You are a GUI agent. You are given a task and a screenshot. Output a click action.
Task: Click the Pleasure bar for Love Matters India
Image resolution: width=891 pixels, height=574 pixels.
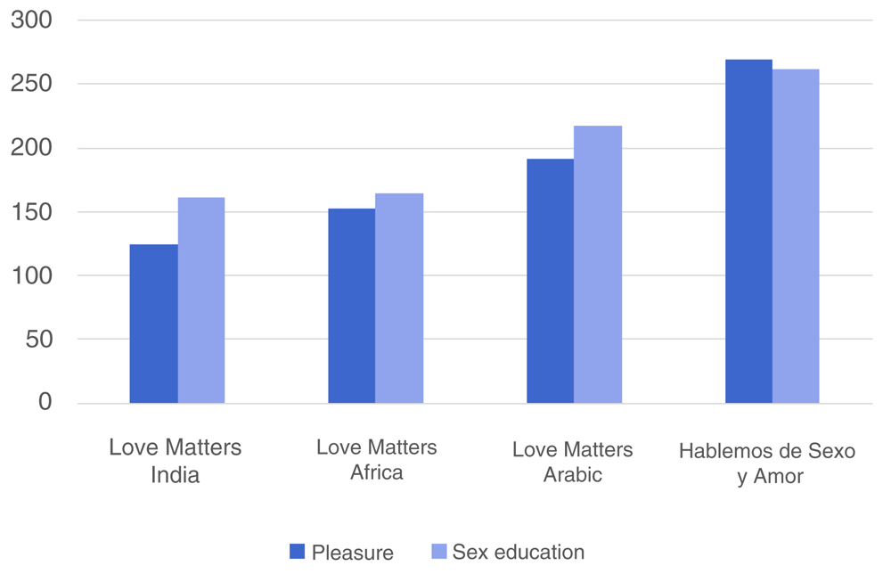[x=153, y=324]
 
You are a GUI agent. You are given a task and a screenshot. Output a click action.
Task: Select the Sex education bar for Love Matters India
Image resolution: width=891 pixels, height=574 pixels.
[x=201, y=300]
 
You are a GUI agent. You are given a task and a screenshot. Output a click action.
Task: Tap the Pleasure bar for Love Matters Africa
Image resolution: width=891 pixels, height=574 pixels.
[x=351, y=306]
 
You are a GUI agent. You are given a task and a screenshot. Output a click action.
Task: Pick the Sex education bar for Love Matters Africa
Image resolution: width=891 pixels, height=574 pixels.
[x=399, y=299]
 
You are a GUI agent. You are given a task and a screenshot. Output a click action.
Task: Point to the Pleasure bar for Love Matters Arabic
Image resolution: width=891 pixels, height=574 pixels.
[x=550, y=281]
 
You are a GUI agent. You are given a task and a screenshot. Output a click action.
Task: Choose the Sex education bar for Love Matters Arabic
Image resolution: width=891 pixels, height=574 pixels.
[x=598, y=265]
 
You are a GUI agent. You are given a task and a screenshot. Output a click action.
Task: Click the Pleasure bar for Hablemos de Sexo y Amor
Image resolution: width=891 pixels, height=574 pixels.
[x=748, y=232]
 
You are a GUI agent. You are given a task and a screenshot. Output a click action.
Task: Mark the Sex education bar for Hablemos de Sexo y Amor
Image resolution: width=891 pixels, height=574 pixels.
[x=796, y=236]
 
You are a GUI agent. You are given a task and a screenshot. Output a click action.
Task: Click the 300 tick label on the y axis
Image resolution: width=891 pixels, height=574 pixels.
[x=32, y=20]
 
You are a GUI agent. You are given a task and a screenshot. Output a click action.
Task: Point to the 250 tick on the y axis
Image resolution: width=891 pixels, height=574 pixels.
[x=32, y=84]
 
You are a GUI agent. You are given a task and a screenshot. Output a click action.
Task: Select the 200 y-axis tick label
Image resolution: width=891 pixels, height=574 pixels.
[x=32, y=148]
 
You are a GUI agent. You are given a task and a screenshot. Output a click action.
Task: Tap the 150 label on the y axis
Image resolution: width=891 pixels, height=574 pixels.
[x=32, y=212]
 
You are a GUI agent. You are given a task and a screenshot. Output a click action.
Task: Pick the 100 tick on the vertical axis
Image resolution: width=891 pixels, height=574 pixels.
[x=32, y=275]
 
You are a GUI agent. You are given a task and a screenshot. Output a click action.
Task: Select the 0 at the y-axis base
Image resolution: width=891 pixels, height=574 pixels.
[x=45, y=403]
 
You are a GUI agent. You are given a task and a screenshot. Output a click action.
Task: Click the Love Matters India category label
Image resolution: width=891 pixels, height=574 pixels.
[x=175, y=461]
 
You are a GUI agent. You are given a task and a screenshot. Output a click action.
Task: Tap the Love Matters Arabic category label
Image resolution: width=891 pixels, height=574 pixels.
[x=572, y=462]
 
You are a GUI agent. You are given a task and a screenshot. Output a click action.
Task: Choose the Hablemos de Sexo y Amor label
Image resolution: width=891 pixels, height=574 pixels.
[x=767, y=463]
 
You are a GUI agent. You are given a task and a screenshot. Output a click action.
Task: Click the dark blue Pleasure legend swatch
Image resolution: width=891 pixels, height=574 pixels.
[x=298, y=552]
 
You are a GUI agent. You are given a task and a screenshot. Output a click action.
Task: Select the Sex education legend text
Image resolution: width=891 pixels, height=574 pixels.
[x=519, y=553]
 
